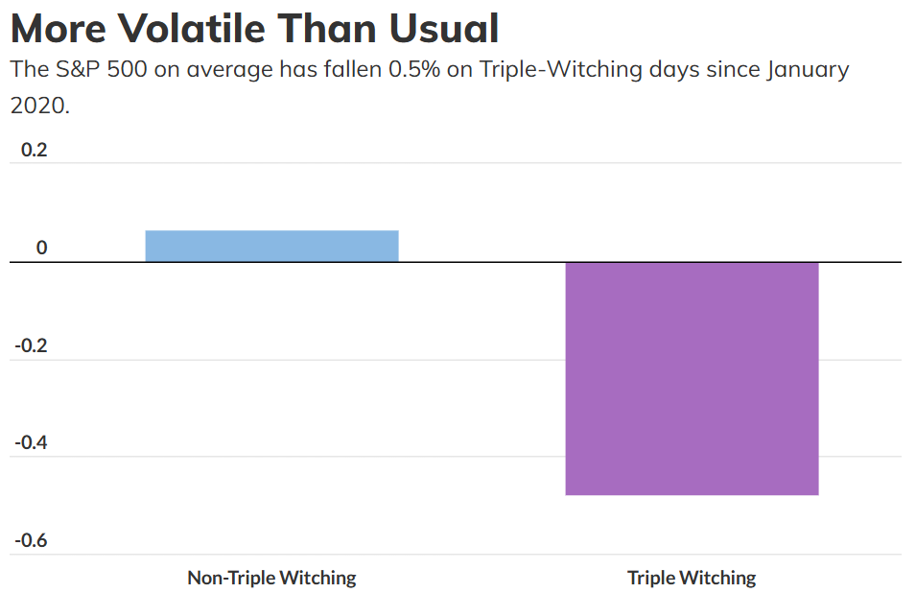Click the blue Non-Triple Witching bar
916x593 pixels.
click(x=271, y=246)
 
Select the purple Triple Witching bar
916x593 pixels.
click(x=692, y=378)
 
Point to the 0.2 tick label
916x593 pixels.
click(x=35, y=151)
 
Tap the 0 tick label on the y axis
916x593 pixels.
click(x=41, y=249)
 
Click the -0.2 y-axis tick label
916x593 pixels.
click(x=31, y=345)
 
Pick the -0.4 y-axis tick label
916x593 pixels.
click(x=31, y=443)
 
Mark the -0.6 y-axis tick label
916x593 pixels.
click(x=31, y=541)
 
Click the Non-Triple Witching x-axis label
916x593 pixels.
click(x=271, y=578)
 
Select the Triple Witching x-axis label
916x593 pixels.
click(x=692, y=578)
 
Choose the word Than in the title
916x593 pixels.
click(x=326, y=29)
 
